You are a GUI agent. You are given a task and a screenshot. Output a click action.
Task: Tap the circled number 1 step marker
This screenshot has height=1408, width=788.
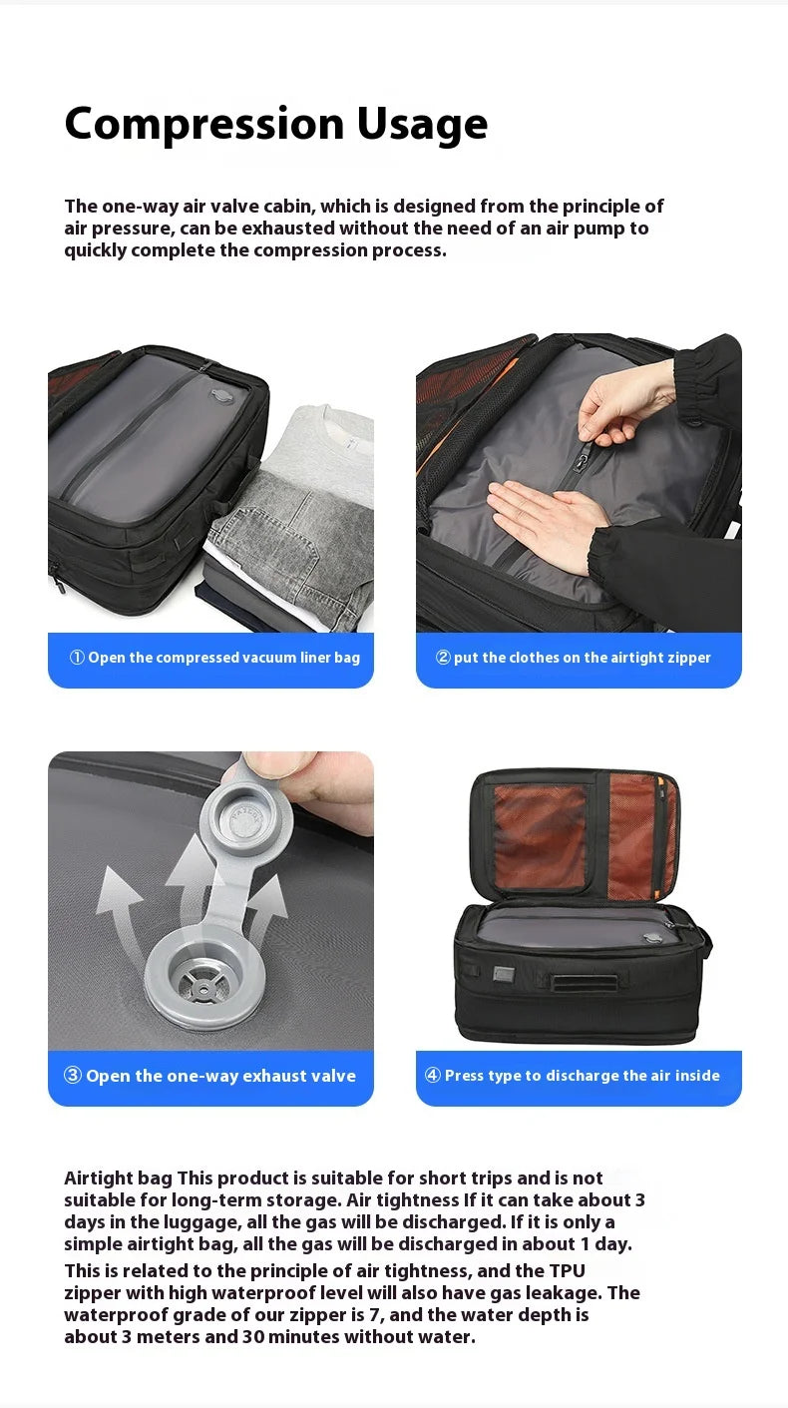77,658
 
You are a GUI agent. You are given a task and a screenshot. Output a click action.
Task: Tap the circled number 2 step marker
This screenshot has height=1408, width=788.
443,658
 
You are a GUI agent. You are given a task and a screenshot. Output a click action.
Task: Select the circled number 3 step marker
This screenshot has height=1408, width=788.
73,1075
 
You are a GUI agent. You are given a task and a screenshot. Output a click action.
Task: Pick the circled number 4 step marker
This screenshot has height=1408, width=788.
433,1075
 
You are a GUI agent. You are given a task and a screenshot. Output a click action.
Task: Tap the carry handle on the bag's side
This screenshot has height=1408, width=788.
585,982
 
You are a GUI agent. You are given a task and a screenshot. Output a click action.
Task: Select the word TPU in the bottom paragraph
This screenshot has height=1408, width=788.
567,1271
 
